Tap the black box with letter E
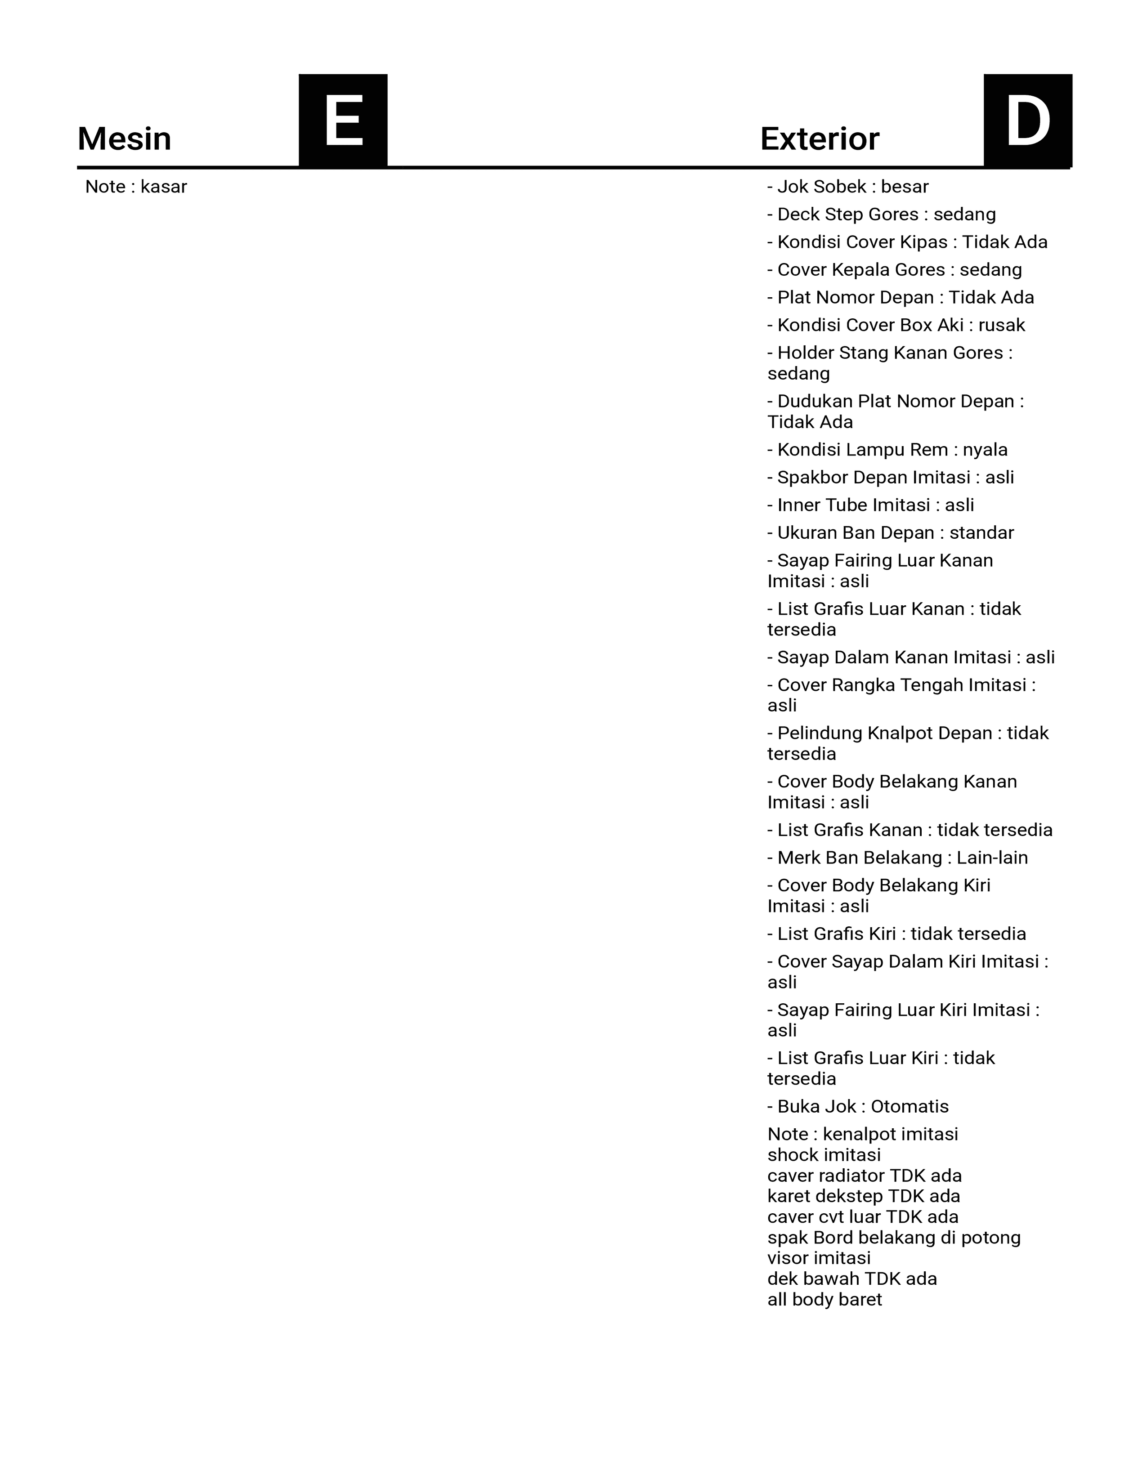pyautogui.click(x=343, y=121)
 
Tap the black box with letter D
pyautogui.click(x=1027, y=121)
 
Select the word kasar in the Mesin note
pyautogui.click(x=164, y=187)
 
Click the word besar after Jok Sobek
pyautogui.click(x=905, y=187)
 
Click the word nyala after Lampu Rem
pyautogui.click(x=985, y=450)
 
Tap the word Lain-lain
pyautogui.click(x=992, y=858)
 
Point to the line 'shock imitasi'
pyautogui.click(x=824, y=1155)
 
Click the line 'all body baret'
pyautogui.click(x=824, y=1300)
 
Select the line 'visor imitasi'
pyautogui.click(x=819, y=1258)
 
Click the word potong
pyautogui.click(x=993, y=1238)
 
